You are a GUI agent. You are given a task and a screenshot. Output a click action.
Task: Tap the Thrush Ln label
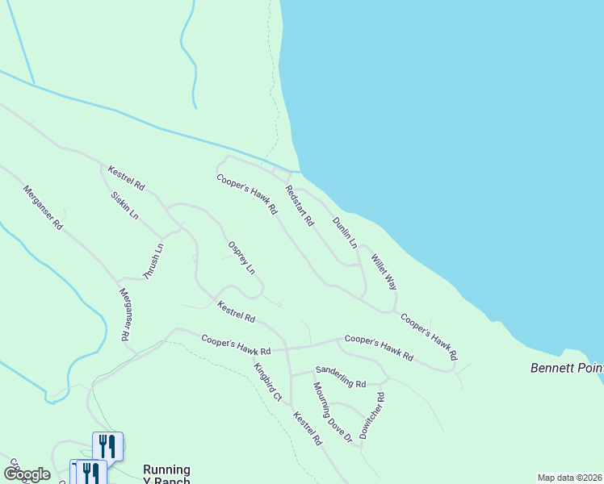pyautogui.click(x=153, y=261)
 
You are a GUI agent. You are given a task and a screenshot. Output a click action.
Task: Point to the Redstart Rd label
pyautogui.click(x=298, y=206)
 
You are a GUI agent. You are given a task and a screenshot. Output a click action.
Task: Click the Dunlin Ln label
pyautogui.click(x=345, y=232)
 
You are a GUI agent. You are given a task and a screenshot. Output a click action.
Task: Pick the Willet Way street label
pyautogui.click(x=384, y=272)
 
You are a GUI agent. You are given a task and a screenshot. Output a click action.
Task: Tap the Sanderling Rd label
pyautogui.click(x=341, y=377)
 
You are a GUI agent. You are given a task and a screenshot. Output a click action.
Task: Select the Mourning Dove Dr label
pyautogui.click(x=333, y=412)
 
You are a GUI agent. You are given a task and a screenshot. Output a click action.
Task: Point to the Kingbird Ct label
pyautogui.click(x=267, y=382)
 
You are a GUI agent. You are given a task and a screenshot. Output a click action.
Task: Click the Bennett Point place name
pyautogui.click(x=567, y=368)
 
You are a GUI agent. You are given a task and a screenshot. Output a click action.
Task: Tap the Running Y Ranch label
pyautogui.click(x=166, y=475)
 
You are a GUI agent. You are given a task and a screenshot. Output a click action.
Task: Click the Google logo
pyautogui.click(x=27, y=474)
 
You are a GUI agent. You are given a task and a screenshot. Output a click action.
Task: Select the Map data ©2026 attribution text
pyautogui.click(x=569, y=478)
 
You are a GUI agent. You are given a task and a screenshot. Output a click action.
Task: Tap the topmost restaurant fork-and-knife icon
pyautogui.click(x=107, y=445)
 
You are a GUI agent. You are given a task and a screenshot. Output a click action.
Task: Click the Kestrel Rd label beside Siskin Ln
pyautogui.click(x=126, y=177)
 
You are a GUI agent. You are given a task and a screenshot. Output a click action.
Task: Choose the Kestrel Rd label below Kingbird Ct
pyautogui.click(x=308, y=429)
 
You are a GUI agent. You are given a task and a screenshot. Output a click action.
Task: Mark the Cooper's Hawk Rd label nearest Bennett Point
pyautogui.click(x=429, y=337)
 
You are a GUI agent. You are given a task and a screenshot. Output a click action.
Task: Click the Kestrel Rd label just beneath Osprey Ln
pyautogui.click(x=237, y=311)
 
